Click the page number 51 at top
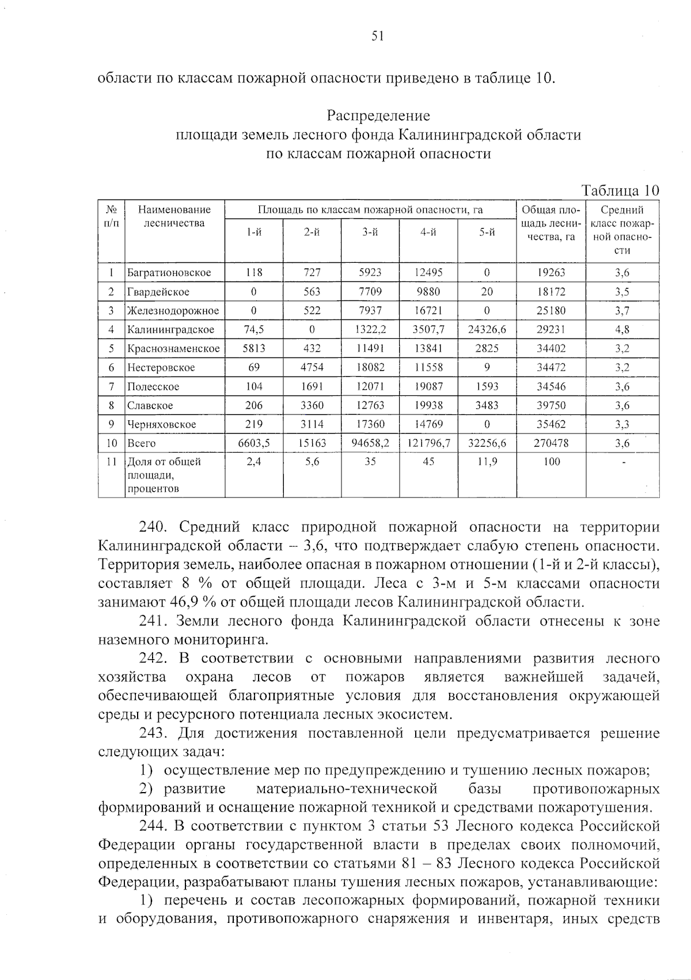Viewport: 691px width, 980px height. tap(377, 36)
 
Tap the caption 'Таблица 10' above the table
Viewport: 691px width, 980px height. tap(620, 190)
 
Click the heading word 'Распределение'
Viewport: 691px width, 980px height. tap(378, 116)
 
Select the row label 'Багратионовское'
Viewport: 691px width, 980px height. tap(169, 273)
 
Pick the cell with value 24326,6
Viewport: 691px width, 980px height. tap(487, 330)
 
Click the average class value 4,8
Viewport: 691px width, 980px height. tap(622, 330)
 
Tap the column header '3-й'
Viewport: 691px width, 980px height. tap(370, 232)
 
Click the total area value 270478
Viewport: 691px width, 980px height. tap(552, 443)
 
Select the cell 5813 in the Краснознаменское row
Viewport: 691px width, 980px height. tap(254, 349)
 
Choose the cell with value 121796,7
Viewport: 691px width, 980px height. tap(428, 443)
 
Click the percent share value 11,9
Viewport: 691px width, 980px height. tap(487, 462)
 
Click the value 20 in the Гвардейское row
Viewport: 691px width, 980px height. tap(487, 292)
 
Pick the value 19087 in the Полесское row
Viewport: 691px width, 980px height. tap(428, 387)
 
